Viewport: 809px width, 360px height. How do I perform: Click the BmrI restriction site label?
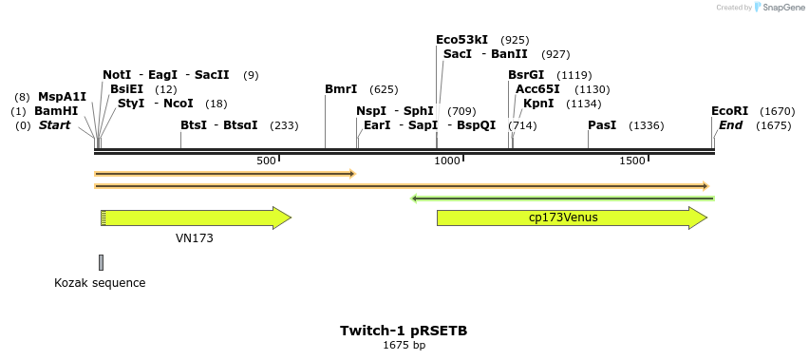point(341,89)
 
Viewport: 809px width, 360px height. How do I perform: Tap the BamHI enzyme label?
point(56,111)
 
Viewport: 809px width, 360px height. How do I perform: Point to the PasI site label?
point(602,125)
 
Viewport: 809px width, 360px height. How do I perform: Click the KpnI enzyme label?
point(538,104)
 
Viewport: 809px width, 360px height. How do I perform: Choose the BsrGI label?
point(526,75)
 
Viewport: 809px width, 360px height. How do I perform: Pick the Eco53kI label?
point(461,40)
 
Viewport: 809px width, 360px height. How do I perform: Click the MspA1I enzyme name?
point(62,97)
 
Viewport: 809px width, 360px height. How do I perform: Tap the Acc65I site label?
point(537,89)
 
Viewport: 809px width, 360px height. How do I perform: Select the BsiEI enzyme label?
point(126,89)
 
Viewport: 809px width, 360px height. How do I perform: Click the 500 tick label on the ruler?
point(267,161)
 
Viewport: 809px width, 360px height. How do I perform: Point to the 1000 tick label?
point(447,161)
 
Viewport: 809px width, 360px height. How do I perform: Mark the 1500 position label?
point(632,161)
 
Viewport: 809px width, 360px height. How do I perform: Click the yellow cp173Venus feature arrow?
point(571,218)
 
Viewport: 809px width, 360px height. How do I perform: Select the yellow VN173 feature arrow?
point(196,218)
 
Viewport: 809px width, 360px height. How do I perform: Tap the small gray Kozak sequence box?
point(101,262)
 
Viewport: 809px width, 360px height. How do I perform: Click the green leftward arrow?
point(562,199)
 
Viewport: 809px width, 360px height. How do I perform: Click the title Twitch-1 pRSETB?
point(404,331)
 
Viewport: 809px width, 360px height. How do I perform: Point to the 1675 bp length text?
point(404,346)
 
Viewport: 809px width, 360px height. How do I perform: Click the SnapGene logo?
point(779,8)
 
